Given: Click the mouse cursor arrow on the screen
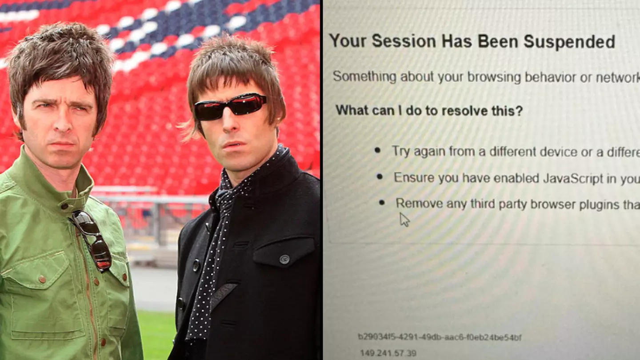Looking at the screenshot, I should (x=404, y=219).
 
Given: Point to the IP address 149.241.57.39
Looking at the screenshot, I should (x=388, y=353).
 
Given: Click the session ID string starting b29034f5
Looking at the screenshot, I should (x=440, y=337).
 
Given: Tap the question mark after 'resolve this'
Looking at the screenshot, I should (x=519, y=110).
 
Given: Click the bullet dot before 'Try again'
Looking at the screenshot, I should (x=377, y=150).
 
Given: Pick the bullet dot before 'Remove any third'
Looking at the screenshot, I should (x=382, y=203).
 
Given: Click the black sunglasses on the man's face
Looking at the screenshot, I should (x=230, y=107).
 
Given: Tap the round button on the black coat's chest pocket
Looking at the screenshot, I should (x=284, y=259).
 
